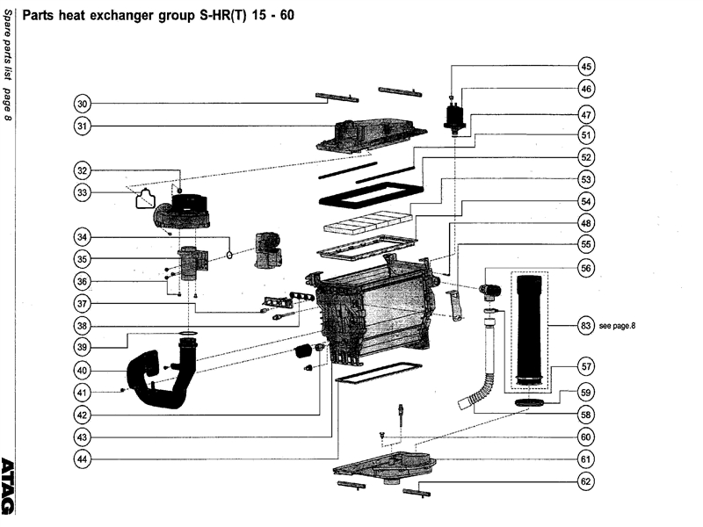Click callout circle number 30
[x=83, y=104]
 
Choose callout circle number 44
[x=83, y=458]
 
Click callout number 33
[x=83, y=191]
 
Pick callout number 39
[x=83, y=345]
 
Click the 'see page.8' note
[x=617, y=326]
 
